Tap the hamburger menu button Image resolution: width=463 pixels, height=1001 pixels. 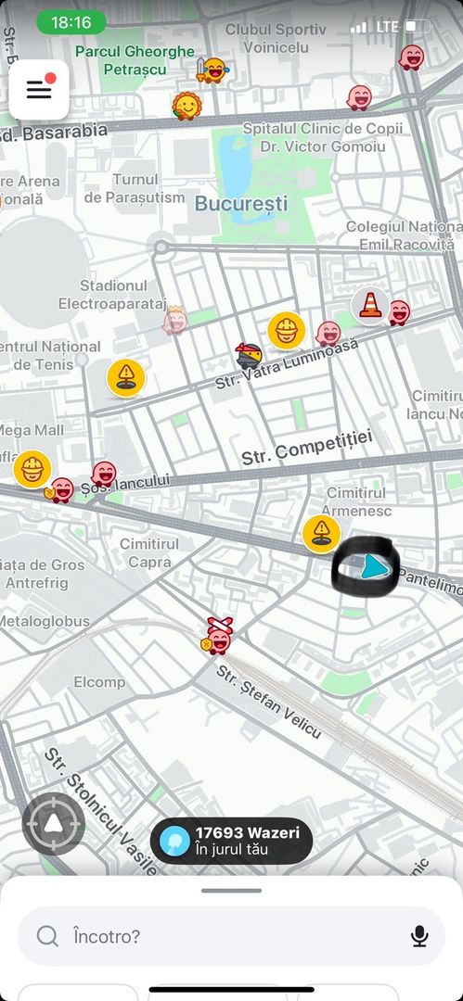pos(39,90)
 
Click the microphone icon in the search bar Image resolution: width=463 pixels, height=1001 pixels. pos(419,936)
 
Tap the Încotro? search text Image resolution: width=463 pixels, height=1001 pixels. pos(107,936)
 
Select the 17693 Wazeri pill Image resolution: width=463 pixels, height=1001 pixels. pos(231,841)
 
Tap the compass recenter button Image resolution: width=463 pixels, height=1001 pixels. pos(54,823)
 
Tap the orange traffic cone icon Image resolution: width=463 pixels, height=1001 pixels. pos(370,305)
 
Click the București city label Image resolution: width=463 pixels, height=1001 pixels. pos(241,204)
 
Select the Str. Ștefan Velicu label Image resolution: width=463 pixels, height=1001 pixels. pos(269,701)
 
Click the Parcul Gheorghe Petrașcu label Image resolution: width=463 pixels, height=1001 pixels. pos(135,60)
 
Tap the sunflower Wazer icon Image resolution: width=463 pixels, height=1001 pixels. pos(187,106)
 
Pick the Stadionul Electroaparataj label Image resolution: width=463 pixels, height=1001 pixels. pos(112,295)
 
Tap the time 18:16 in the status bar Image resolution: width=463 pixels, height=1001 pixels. pos(71,22)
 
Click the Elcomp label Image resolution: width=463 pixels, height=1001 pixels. pos(99,682)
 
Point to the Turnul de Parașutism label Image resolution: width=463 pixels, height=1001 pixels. pos(135,188)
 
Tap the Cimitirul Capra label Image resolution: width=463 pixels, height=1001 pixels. pos(149,552)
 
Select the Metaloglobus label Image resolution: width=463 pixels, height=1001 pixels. pos(45,621)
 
